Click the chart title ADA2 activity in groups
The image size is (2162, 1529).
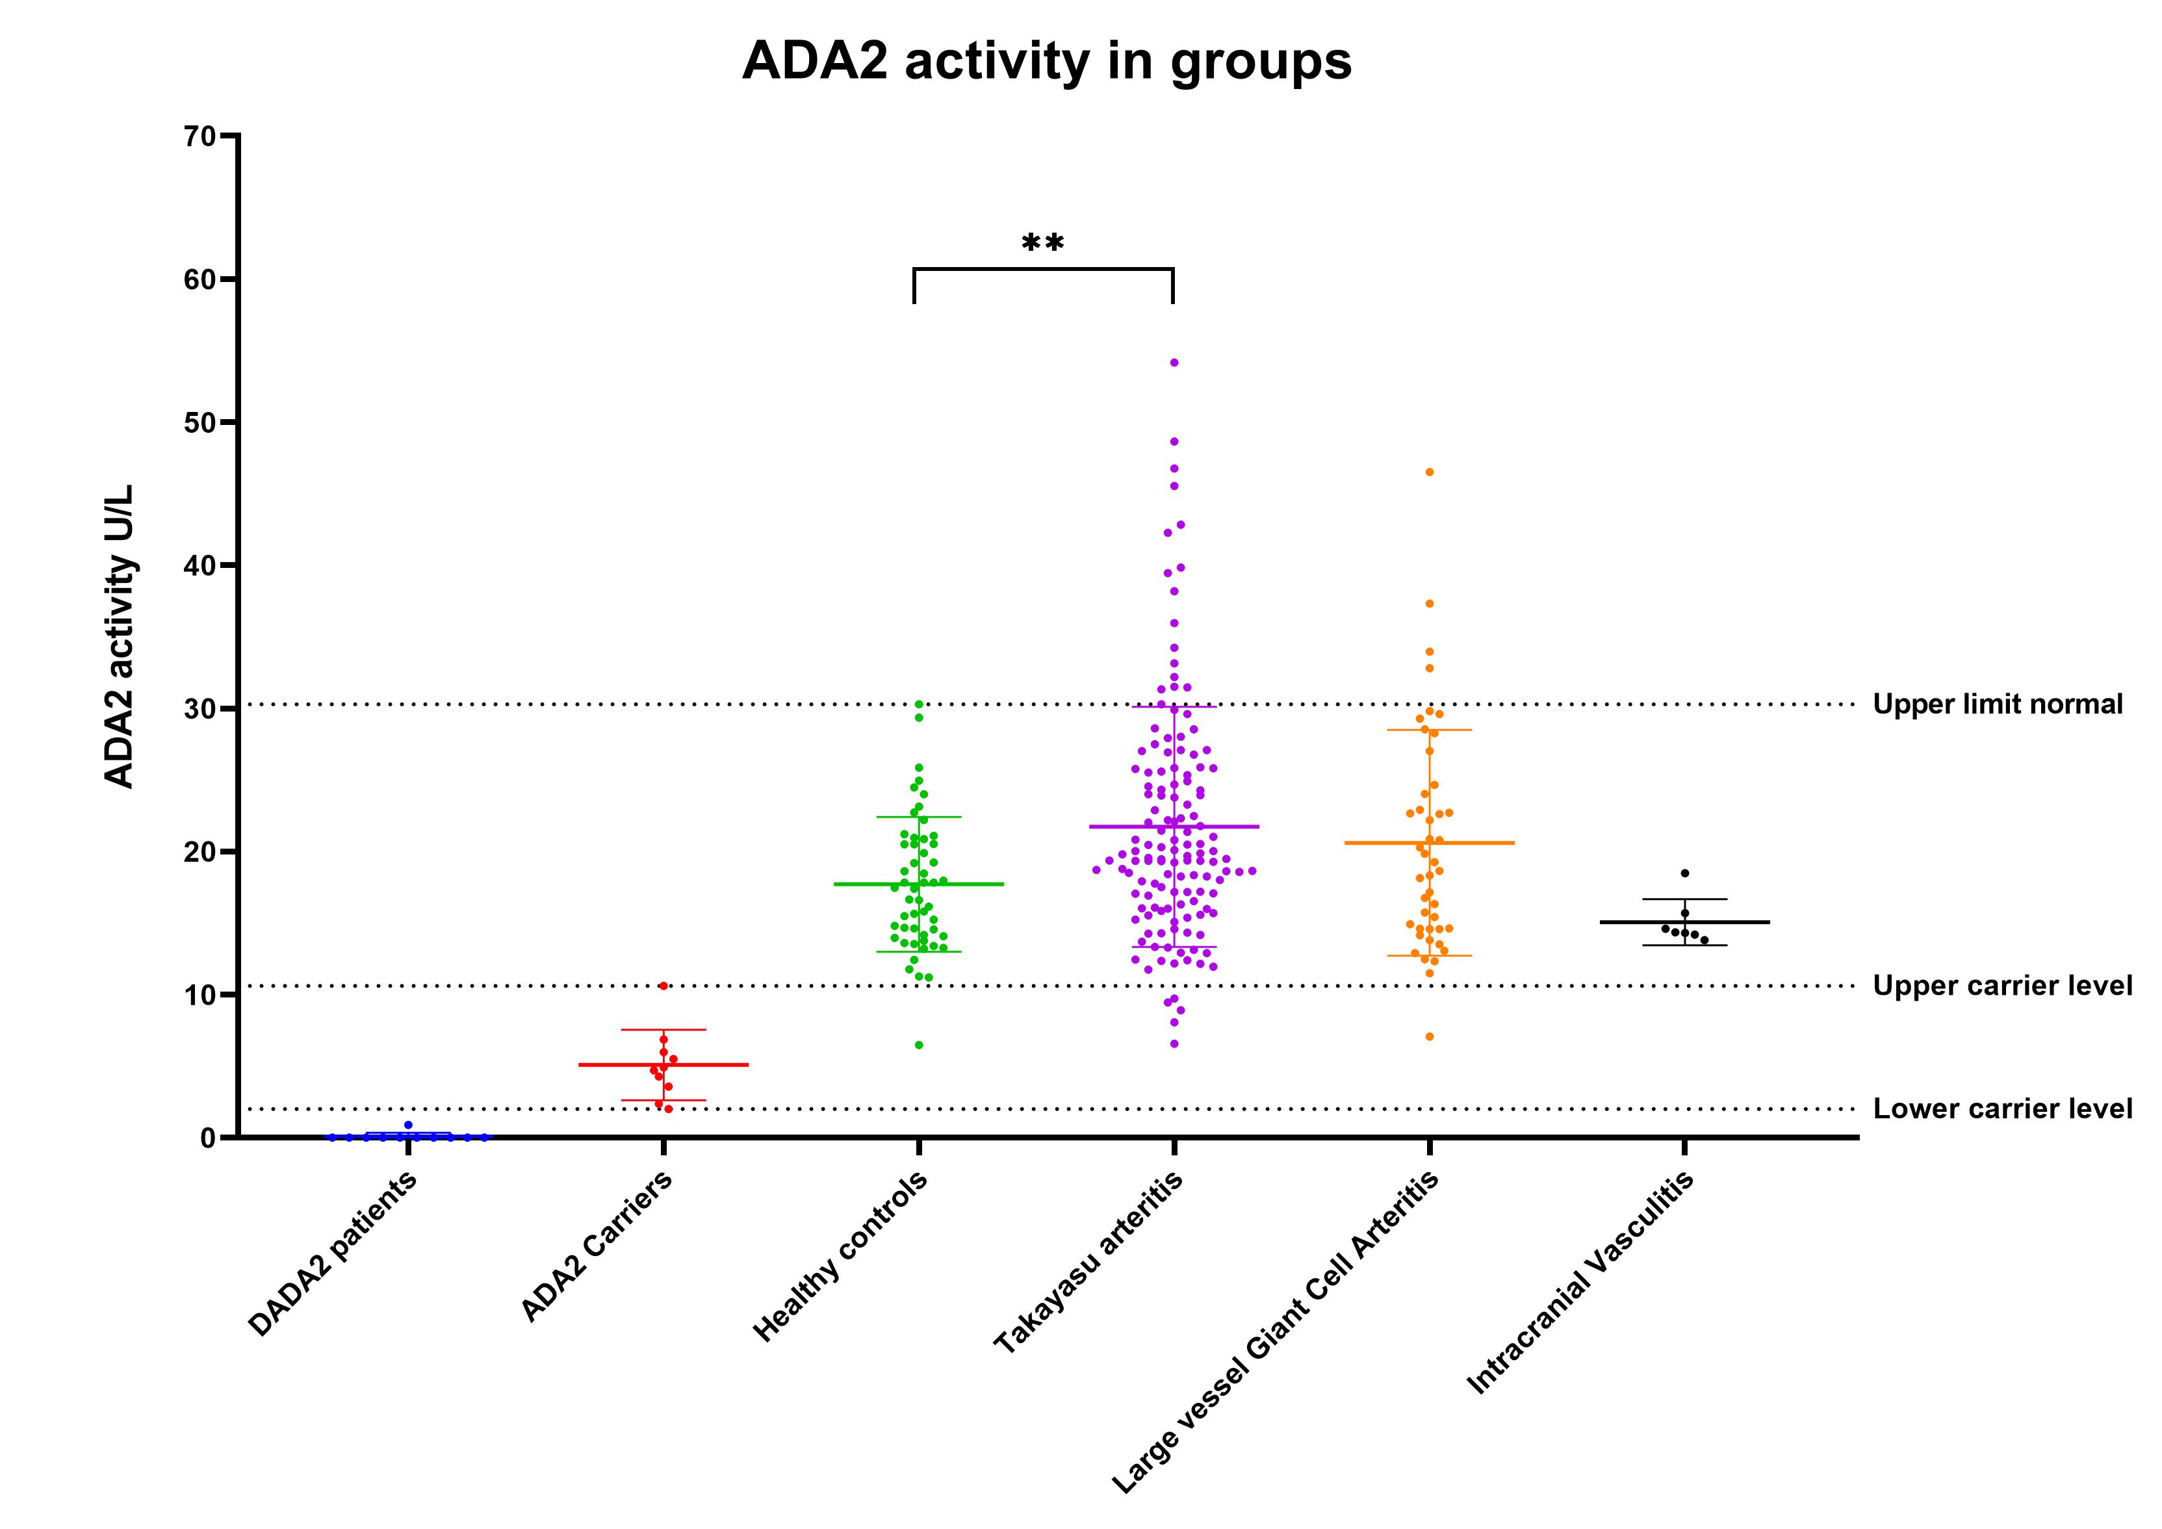[1046, 62]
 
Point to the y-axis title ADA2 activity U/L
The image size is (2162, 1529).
[120, 636]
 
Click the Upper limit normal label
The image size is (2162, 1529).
[1997, 704]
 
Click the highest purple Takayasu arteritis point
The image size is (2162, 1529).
[1174, 363]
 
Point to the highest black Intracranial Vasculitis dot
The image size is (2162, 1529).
[1684, 873]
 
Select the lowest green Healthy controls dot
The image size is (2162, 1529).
[919, 1045]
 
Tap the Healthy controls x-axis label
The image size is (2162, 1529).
[841, 1257]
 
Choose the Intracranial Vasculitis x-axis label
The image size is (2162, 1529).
[1582, 1280]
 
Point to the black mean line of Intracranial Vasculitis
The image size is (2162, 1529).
[1732, 921]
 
